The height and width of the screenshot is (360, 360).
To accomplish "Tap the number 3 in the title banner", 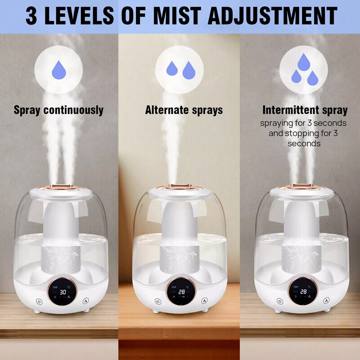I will (31, 16).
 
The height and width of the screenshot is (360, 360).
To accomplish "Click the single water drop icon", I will (59, 70).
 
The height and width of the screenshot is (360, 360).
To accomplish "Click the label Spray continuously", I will (58, 110).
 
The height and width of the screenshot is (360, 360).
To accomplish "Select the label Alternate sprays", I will (184, 110).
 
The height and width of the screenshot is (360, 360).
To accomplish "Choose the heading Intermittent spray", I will (305, 110).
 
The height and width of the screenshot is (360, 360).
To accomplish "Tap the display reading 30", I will (63, 292).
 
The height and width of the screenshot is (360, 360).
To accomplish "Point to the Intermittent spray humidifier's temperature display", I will (303, 292).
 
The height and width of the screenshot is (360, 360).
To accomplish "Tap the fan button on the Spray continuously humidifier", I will (85, 301).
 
